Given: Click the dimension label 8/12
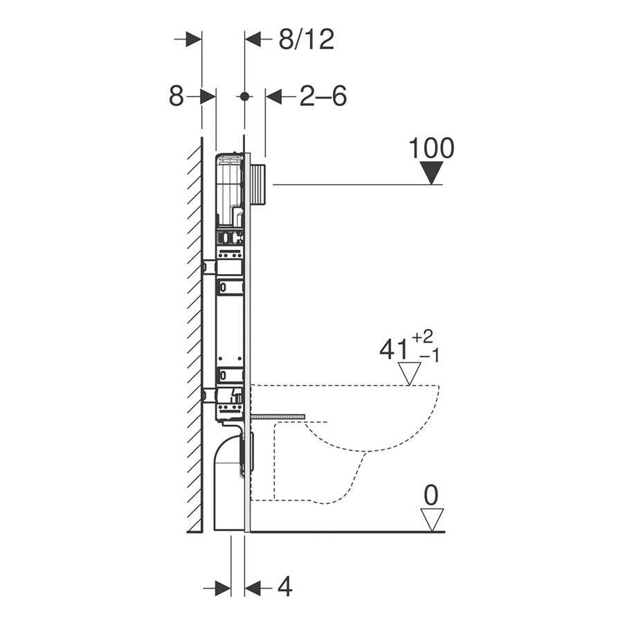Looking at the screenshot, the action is coord(307,39).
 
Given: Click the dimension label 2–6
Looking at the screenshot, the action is coord(323,96).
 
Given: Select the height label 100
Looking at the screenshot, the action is coord(431,148).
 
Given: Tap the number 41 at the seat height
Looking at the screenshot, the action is coord(393,350).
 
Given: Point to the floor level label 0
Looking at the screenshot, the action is coord(431,496).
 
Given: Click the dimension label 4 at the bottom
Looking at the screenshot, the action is coord(285,586).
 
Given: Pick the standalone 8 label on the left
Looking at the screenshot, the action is coord(177,96).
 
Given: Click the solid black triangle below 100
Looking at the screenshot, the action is coord(431,173).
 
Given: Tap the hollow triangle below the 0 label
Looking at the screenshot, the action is coord(432,520).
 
